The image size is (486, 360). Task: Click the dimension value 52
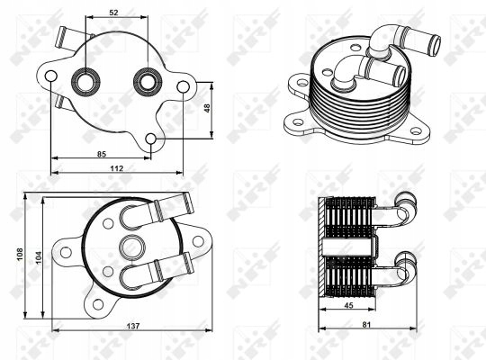pos(113,13)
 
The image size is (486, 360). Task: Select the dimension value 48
pos(207,108)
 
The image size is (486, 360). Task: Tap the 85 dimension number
pos(102,154)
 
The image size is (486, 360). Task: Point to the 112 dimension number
pos(117,168)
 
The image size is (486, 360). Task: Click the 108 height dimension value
pos(20,254)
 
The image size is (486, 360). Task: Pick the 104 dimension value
pos(39,257)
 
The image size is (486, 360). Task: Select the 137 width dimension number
pos(133,326)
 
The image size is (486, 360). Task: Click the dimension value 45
pos(348,305)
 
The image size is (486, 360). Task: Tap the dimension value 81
pos(366,325)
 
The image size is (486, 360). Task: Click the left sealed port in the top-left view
pos(85,82)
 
